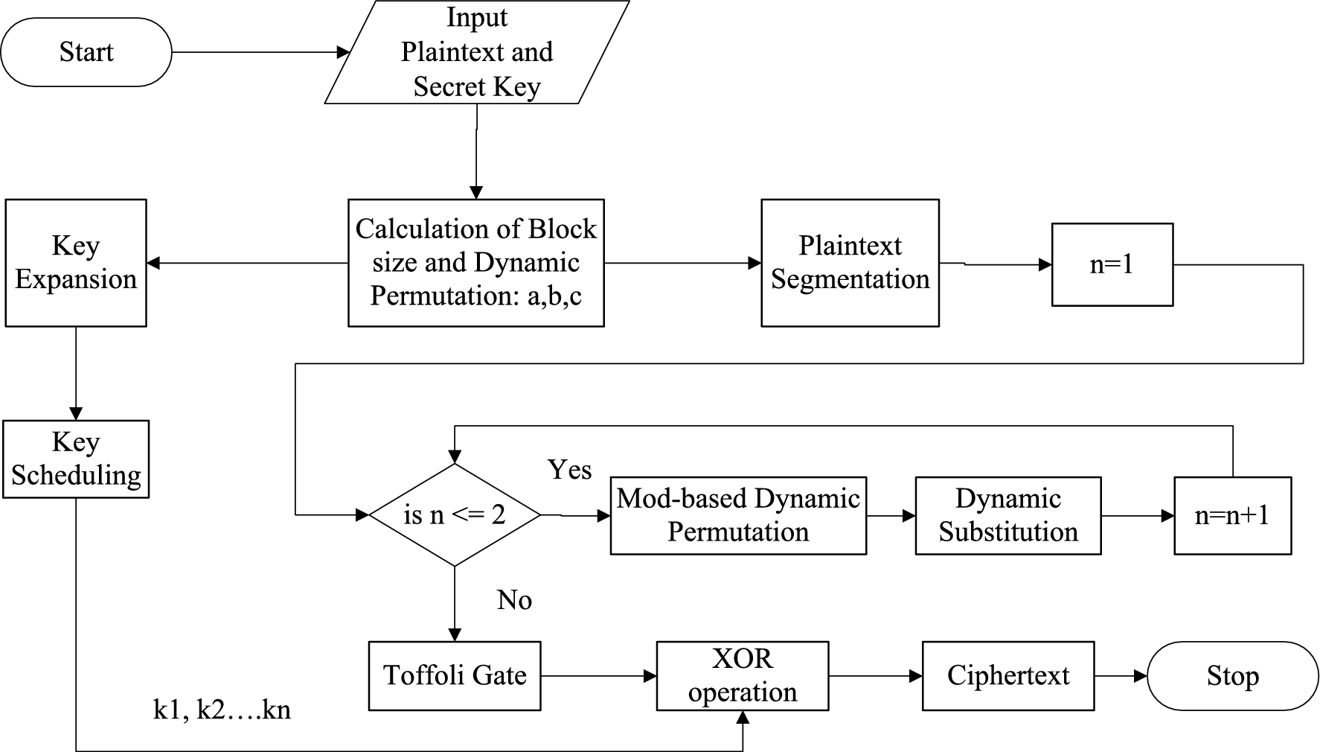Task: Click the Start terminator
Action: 86,52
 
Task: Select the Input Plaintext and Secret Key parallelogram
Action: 476,52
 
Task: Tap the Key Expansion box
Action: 76,263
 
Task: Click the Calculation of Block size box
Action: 476,263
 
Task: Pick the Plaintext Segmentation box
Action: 850,263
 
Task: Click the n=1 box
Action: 1112,264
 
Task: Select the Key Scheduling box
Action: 76,459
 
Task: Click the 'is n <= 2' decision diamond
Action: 455,514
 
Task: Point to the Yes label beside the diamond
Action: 569,470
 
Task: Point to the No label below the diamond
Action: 514,600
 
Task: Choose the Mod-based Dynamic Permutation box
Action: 738,515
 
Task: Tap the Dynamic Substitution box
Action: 1007,515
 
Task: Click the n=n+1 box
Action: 1232,515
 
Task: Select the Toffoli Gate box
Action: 455,676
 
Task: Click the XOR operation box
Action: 742,676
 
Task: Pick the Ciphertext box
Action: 1007,676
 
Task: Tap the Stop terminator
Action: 1232,676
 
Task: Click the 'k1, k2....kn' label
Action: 222,710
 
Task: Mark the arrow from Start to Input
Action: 260,52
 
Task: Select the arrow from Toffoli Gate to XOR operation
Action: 598,676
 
